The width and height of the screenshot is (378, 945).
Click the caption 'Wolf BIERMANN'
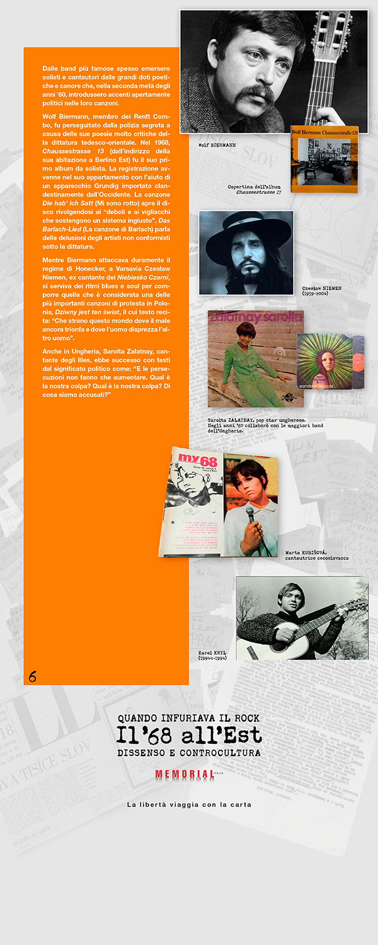217,145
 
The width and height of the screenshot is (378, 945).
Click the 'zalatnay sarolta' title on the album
255,316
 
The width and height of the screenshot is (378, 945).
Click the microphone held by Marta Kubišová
250,513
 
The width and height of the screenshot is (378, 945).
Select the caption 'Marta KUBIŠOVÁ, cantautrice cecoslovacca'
316,555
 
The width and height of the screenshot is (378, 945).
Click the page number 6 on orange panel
32,677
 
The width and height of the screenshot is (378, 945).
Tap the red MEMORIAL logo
184,775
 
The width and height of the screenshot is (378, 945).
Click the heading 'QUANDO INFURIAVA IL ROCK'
188,718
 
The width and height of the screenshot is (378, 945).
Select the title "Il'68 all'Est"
188,735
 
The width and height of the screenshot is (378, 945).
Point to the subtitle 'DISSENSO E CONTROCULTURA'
188,753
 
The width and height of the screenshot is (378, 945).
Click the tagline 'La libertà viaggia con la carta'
189,805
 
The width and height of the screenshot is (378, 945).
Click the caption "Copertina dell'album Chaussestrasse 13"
254,190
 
